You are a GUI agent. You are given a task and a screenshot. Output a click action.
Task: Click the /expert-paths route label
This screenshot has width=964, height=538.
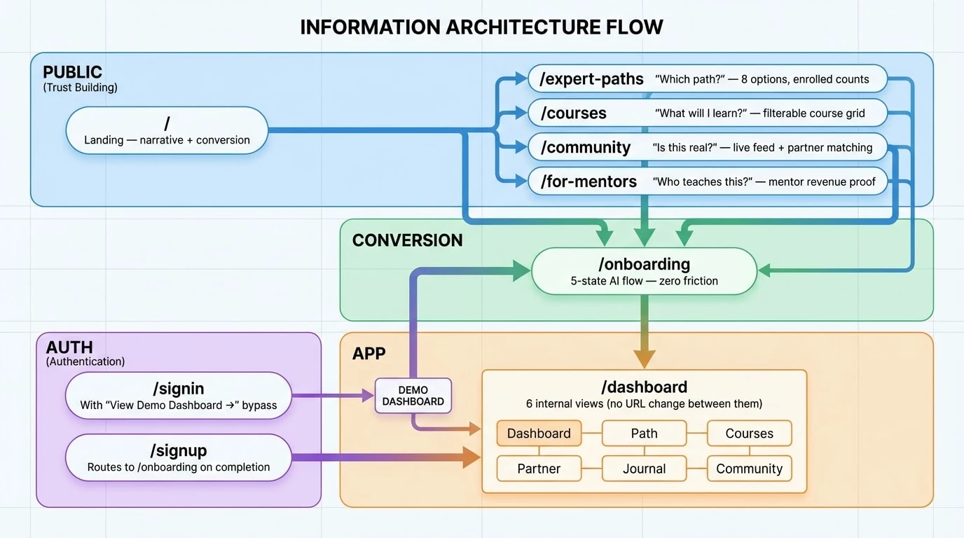pos(592,79)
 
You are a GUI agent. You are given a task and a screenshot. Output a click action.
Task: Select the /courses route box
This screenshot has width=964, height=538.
pos(707,113)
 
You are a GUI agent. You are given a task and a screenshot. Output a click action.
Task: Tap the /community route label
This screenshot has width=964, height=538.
pos(586,148)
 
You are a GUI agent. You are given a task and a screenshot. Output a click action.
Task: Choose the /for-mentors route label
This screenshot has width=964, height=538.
pos(588,182)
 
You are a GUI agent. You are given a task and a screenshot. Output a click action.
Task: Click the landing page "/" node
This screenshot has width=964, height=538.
pos(167,130)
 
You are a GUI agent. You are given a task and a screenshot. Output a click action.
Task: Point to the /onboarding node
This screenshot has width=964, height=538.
pos(644,271)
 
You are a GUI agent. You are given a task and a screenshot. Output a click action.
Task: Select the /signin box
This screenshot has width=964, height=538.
pos(178,396)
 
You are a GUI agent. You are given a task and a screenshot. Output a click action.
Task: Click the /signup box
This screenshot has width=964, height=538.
pos(178,458)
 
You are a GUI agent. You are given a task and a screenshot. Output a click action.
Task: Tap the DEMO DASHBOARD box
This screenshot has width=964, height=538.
pos(413,396)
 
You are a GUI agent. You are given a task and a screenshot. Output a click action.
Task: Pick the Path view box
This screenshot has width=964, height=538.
pos(644,434)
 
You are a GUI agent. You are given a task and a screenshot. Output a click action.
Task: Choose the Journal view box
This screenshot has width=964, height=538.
pos(644,469)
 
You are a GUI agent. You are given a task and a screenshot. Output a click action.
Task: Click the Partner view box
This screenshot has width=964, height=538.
pos(539,469)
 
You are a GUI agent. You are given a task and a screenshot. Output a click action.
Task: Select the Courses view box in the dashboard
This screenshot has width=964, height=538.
pos(749,434)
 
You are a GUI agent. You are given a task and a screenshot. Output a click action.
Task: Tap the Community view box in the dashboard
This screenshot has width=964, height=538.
pos(749,469)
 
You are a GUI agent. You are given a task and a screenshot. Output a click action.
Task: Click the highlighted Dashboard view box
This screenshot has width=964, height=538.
pos(539,434)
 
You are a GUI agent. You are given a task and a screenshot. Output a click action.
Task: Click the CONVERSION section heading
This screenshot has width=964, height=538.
pos(407,240)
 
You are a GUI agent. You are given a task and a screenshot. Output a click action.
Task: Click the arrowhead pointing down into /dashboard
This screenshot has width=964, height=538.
pos(644,358)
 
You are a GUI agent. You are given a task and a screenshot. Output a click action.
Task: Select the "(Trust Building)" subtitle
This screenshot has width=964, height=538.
pos(80,88)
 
